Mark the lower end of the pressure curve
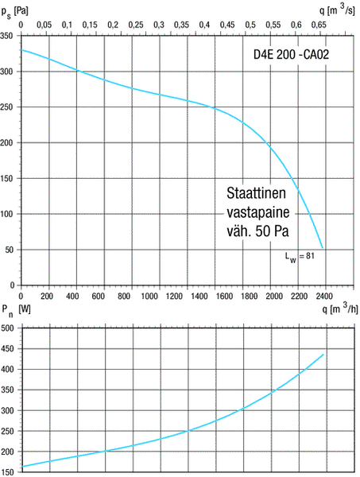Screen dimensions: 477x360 point(323,248)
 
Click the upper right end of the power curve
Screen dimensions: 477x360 point(324,354)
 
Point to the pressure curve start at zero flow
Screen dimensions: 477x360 point(21,50)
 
